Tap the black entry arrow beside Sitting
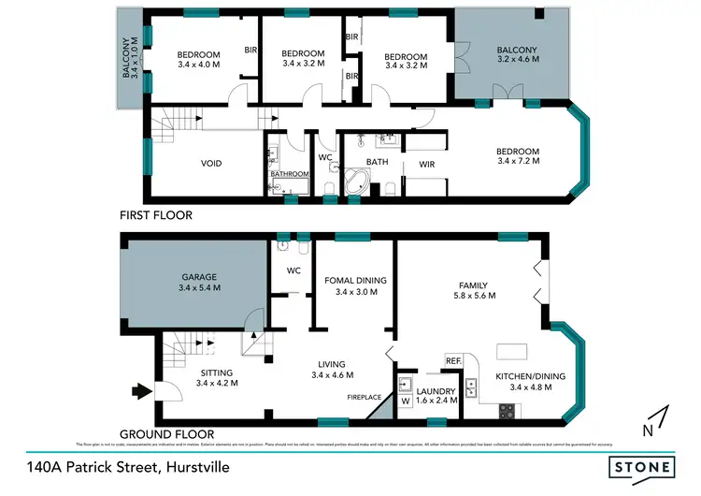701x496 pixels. (x=140, y=391)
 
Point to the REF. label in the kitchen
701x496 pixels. (x=454, y=360)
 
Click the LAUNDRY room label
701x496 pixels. (x=436, y=390)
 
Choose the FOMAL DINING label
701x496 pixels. (x=355, y=280)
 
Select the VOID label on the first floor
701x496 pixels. (x=211, y=164)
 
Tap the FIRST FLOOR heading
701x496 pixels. (x=156, y=215)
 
